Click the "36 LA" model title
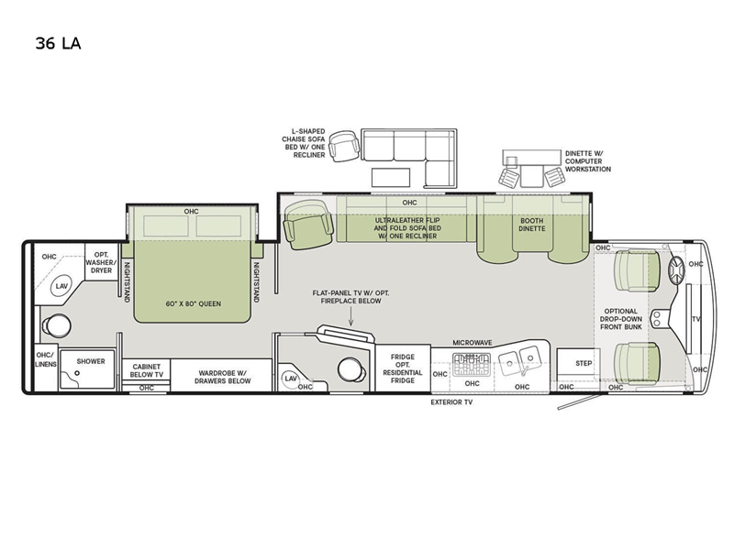(x=58, y=43)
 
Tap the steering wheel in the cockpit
(x=676, y=270)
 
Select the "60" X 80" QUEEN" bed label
(x=193, y=303)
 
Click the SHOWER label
(x=91, y=361)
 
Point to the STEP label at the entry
(x=584, y=363)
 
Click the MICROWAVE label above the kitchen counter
(x=472, y=343)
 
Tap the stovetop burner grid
(x=471, y=365)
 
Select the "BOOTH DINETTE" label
(x=532, y=225)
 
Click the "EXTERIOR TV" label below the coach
(x=451, y=402)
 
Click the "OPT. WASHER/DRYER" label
(x=101, y=262)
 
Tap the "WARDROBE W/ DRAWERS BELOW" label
(x=223, y=377)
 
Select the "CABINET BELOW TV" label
(x=147, y=370)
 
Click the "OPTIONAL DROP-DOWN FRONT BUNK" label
(x=621, y=319)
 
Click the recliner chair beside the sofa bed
(x=309, y=224)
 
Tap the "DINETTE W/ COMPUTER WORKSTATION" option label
(x=587, y=161)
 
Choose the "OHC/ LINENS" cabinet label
(x=46, y=359)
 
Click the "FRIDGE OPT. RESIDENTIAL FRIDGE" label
(x=403, y=368)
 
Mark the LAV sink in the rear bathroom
(x=61, y=286)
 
